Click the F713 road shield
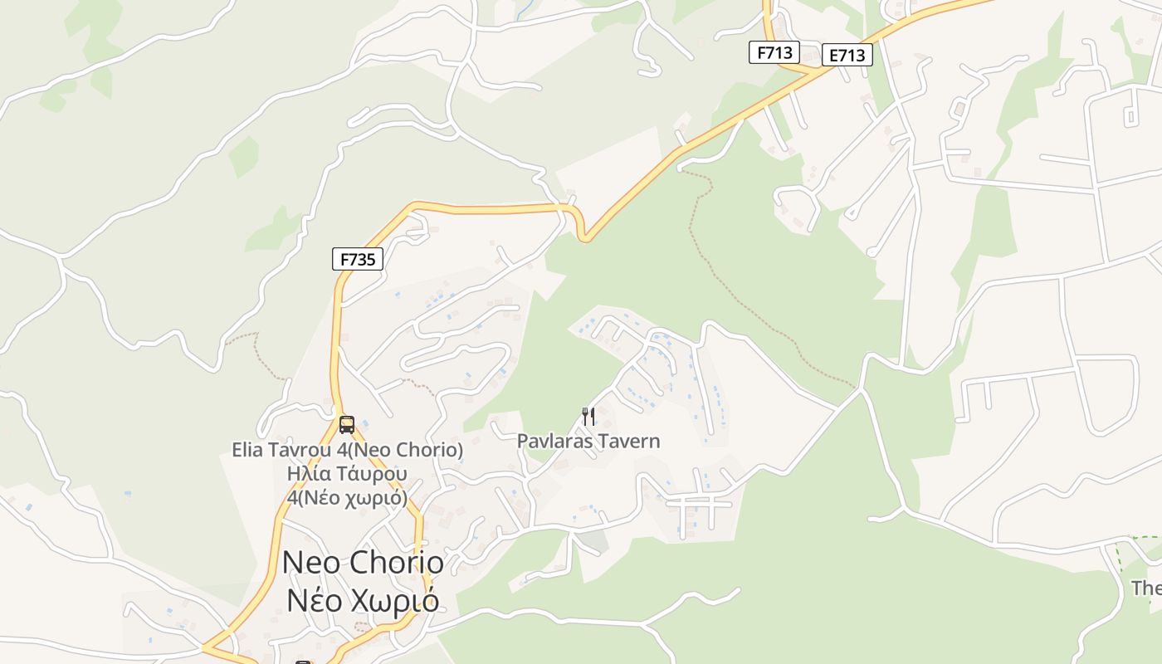tap(774, 53)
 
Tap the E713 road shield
tap(847, 56)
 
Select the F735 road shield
tap(358, 259)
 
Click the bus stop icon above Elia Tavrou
tap(347, 425)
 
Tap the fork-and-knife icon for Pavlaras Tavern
tap(588, 416)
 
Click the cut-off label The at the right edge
tap(1146, 588)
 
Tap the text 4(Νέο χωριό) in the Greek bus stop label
tap(347, 498)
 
